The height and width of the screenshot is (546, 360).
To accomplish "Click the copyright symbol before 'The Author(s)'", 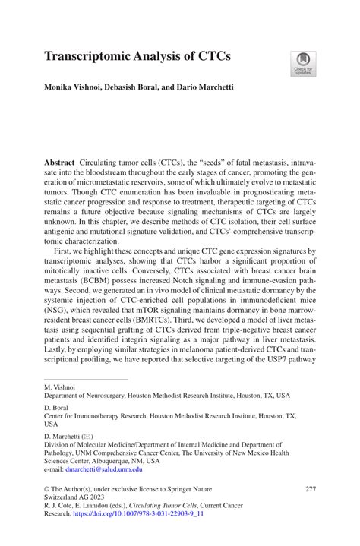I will click(x=46, y=488).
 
